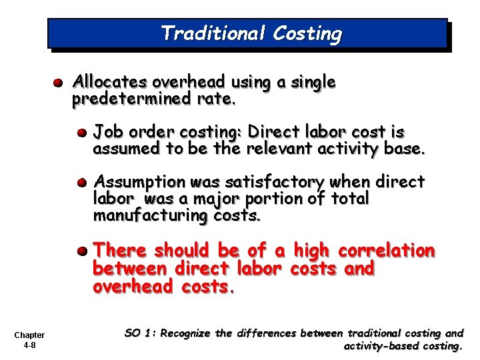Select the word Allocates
click(110, 83)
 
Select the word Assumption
click(139, 181)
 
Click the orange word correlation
click(387, 251)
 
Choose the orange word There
click(120, 251)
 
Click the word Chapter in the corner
click(29, 335)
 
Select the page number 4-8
click(29, 345)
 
